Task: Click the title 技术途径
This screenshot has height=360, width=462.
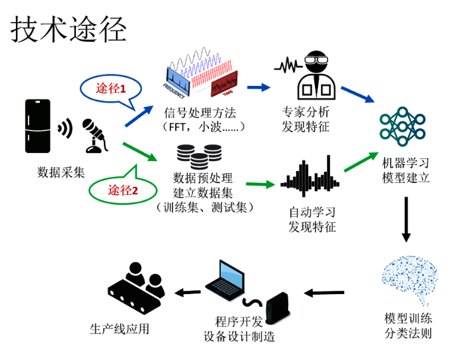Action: click(69, 29)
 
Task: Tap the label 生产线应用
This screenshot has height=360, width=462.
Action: click(120, 328)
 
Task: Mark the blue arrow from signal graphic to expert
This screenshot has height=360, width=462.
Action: click(258, 87)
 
